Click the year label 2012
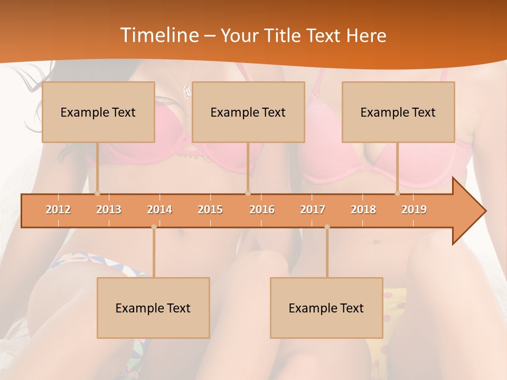pos(58,210)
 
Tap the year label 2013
pos(109,210)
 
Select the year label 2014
pos(159,210)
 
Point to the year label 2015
pos(210,210)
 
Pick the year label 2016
pos(262,210)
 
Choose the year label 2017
pos(313,210)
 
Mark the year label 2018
pos(363,210)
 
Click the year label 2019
pos(414,210)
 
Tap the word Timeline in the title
pos(158,35)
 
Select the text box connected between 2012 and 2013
pos(98,112)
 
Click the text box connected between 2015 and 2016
pos(248,112)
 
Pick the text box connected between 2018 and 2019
pos(398,112)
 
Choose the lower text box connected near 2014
pos(153,308)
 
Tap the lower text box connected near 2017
pos(326,308)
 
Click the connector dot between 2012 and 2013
pos(97,194)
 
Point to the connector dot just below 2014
pos(154,227)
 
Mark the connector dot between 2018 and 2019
pos(397,194)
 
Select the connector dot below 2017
pos(327,227)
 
